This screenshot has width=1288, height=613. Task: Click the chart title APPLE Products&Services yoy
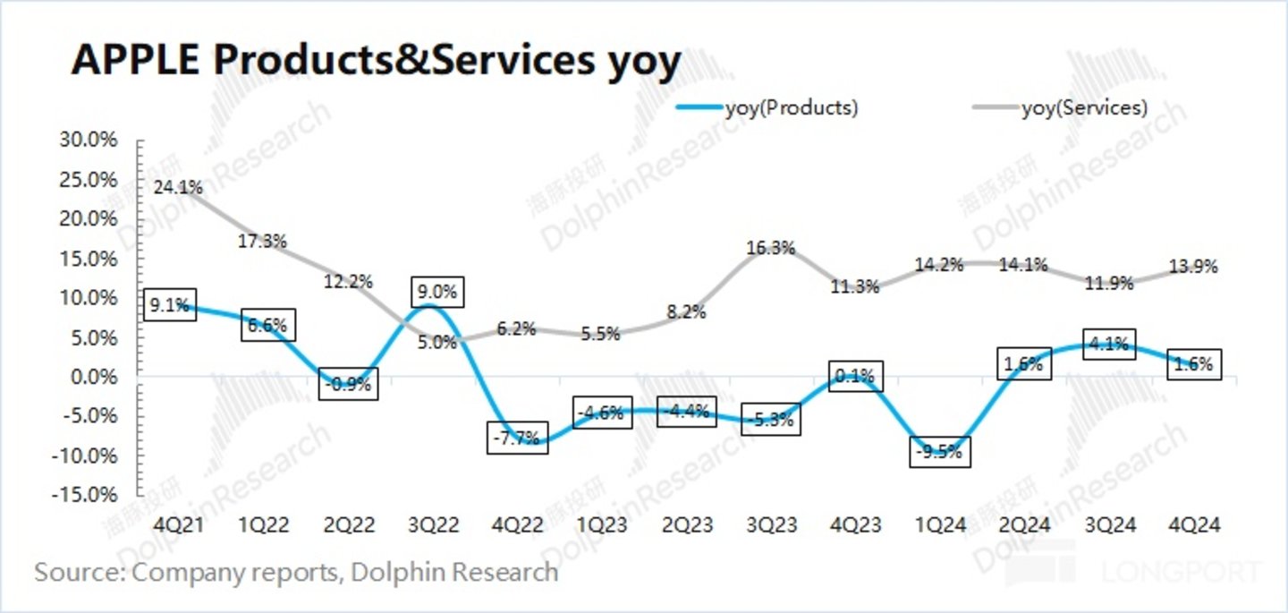[376, 63]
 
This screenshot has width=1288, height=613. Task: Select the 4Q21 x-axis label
[179, 525]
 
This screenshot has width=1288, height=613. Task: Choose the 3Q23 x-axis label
[771, 525]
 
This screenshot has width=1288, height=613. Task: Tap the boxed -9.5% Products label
[939, 452]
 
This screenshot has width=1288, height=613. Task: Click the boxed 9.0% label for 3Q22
[438, 292]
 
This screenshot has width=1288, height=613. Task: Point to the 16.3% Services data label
[771, 249]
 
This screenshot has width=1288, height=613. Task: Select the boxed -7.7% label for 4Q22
[517, 438]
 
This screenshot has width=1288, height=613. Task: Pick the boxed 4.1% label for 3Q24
[1109, 345]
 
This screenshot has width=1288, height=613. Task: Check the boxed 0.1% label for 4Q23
[856, 377]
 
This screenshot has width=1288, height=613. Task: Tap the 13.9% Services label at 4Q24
[1194, 267]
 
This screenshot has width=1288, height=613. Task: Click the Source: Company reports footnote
[296, 573]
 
